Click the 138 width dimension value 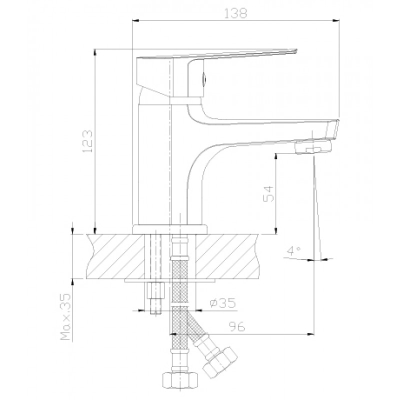pos(235,13)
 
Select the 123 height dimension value pos(87,141)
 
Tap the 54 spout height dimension pos(268,194)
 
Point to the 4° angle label pos(293,251)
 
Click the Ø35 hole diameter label pos(222,303)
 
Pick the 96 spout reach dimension pos(237,326)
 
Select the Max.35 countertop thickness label pos(65,316)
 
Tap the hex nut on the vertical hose pos(180,381)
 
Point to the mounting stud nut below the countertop pos(155,290)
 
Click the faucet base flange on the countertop pos(170,229)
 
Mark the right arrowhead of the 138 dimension pos(336,20)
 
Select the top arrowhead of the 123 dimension pos(95,52)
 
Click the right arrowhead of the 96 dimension pos(310,334)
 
